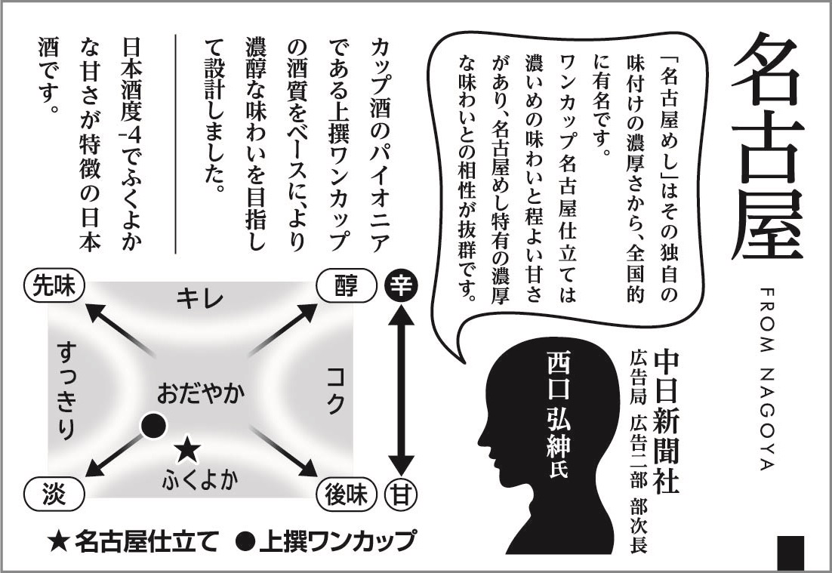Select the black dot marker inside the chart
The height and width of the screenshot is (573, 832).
tap(154, 426)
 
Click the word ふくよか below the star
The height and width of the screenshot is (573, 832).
tap(199, 480)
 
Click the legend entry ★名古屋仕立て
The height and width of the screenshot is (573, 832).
tap(133, 541)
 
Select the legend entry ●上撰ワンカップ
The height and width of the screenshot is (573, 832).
tap(325, 541)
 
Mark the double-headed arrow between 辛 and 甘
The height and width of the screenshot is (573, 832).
tap(400, 390)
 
